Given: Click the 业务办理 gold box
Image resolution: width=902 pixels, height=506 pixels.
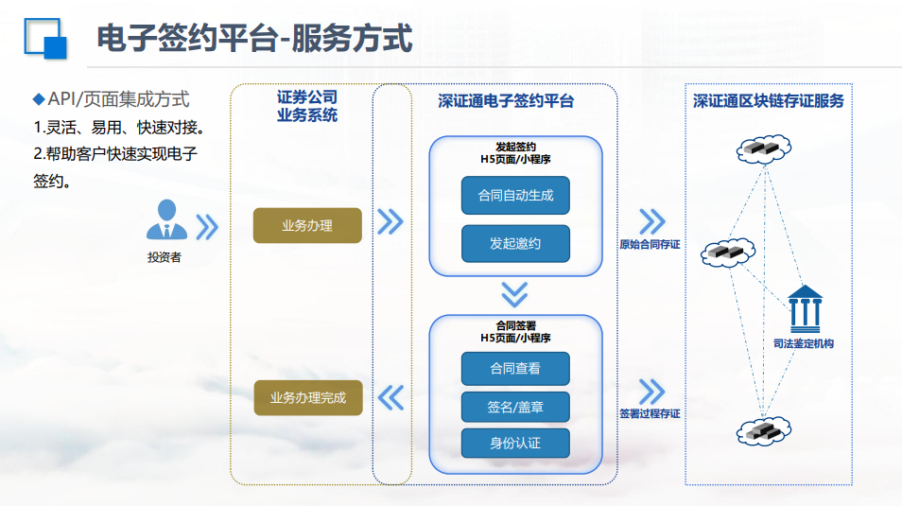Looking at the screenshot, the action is [x=307, y=225].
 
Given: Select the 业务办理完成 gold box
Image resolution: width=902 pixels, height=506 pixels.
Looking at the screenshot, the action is [x=308, y=398].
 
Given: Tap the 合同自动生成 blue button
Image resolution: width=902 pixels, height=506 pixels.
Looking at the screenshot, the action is [x=515, y=195].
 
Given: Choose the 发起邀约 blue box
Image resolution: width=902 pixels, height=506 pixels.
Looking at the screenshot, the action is [x=515, y=243].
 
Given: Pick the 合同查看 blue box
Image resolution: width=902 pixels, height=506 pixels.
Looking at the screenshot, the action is [x=515, y=369].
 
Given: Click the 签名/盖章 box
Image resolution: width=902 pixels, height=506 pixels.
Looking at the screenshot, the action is [x=515, y=407].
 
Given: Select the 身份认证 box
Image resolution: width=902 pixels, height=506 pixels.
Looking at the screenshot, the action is [x=515, y=443].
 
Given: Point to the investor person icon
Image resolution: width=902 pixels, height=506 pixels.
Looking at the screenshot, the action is [x=166, y=219].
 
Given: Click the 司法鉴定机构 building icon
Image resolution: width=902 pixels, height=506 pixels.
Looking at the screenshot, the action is [x=805, y=308].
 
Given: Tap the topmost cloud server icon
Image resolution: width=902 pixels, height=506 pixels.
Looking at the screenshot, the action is [x=764, y=149].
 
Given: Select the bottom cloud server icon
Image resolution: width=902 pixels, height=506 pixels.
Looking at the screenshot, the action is [x=764, y=430].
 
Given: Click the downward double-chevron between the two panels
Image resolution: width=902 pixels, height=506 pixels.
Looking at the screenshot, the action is [x=514, y=294].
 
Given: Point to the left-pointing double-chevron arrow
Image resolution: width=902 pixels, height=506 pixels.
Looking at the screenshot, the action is [x=391, y=397].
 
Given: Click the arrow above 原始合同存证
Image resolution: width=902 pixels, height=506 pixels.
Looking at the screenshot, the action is [x=652, y=221].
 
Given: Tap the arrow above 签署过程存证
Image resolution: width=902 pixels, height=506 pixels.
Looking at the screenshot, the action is [x=652, y=392].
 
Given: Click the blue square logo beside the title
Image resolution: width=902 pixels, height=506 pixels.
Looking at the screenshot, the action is [x=45, y=39].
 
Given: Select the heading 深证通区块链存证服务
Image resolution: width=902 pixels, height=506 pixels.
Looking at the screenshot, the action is [x=768, y=101].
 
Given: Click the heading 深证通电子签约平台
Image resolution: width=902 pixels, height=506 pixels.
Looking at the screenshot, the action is [x=506, y=101].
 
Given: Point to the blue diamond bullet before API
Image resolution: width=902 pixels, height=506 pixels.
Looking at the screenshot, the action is [x=39, y=99].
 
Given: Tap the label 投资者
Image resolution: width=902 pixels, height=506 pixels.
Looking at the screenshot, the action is [x=164, y=257].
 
